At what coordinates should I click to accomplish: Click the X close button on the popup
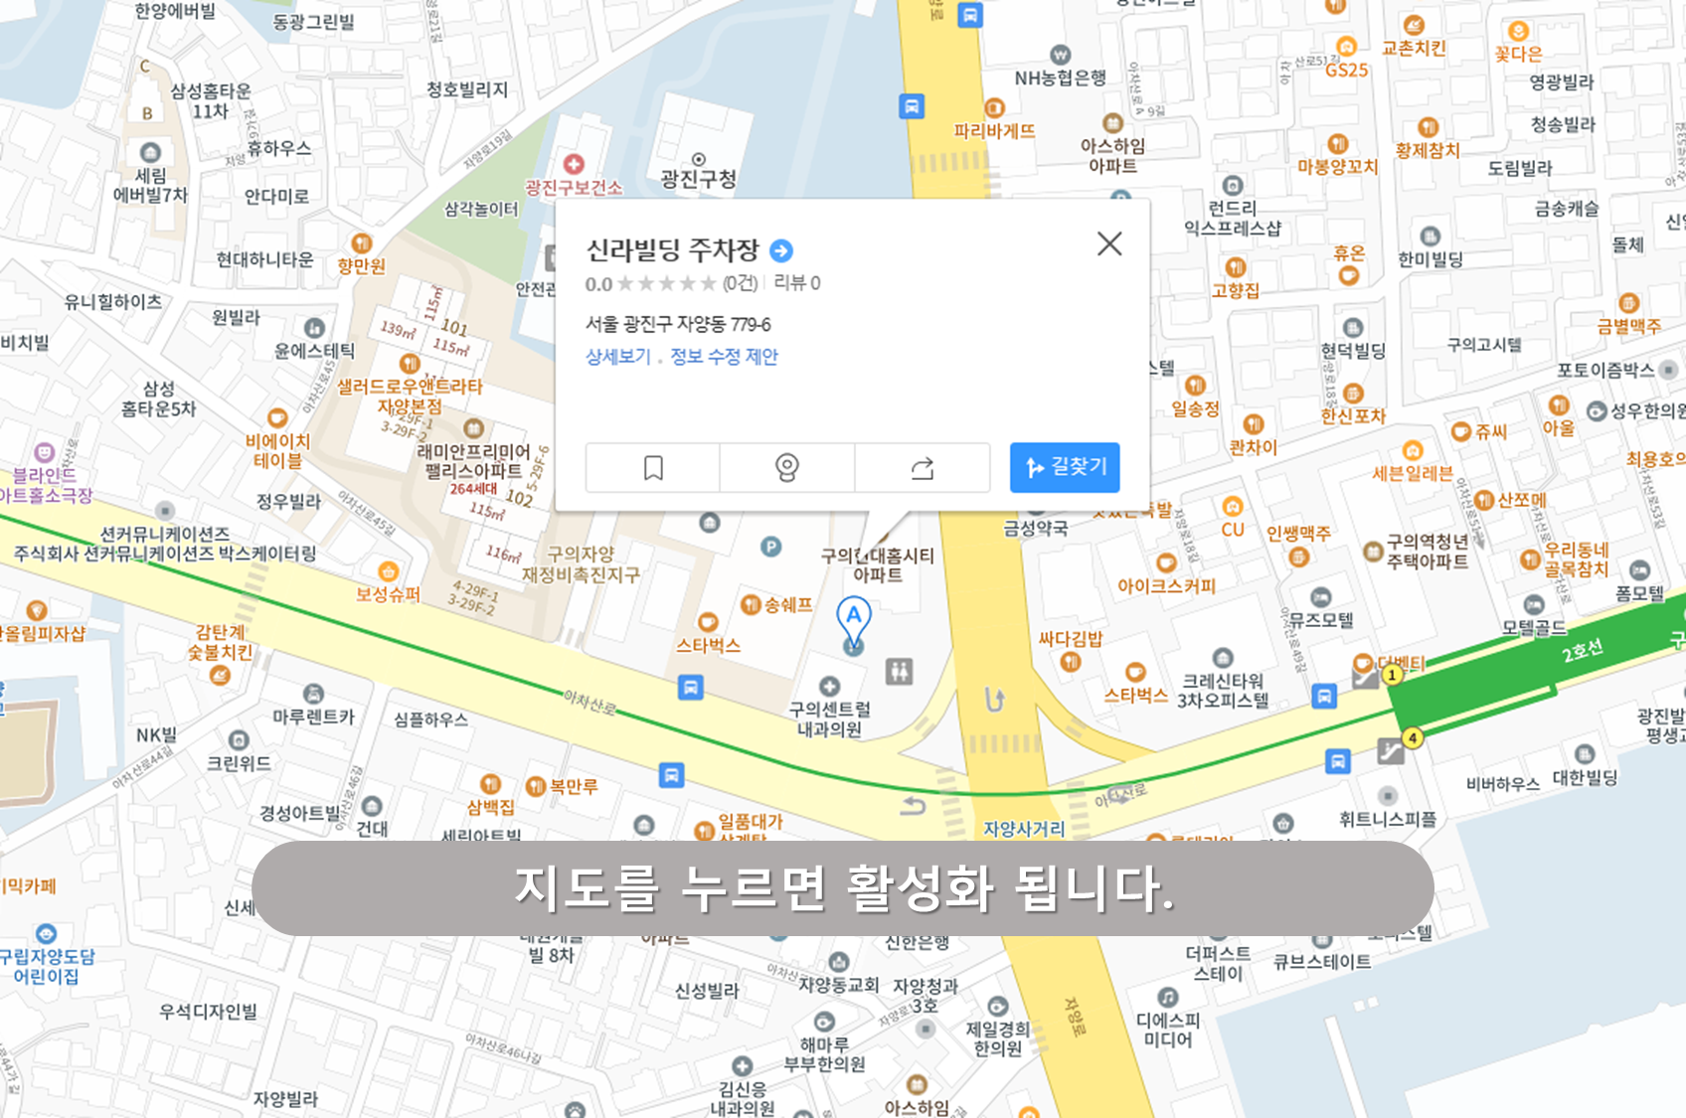(x=1109, y=243)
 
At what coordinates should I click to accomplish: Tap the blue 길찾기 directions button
(x=1065, y=467)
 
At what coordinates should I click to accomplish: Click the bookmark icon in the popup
(x=653, y=468)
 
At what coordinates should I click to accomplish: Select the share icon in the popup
(x=923, y=468)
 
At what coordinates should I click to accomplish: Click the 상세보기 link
(x=617, y=357)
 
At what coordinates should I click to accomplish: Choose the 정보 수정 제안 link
(x=724, y=357)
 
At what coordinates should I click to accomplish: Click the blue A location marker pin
(x=853, y=619)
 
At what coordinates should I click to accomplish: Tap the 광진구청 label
(x=699, y=179)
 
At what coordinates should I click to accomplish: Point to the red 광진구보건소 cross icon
(x=574, y=164)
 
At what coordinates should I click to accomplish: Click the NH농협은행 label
(x=1060, y=78)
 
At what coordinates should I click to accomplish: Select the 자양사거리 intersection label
(x=1024, y=829)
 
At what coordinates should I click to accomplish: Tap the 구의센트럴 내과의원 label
(x=830, y=719)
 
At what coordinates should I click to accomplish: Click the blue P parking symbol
(x=770, y=546)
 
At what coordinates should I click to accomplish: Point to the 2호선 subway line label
(x=1582, y=651)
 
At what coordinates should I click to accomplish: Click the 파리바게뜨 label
(x=994, y=130)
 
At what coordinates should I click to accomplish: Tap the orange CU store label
(x=1233, y=530)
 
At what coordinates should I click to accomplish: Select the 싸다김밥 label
(x=1071, y=639)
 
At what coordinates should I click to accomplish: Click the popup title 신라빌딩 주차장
(x=672, y=250)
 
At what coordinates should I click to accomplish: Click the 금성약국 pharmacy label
(x=1036, y=528)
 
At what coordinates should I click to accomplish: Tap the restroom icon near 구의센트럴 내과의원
(x=900, y=671)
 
